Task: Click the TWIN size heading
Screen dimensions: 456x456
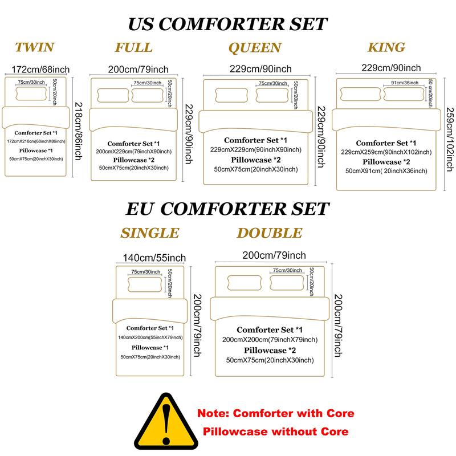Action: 35,47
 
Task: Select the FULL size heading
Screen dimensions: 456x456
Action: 134,47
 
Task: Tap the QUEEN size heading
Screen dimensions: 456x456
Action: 255,48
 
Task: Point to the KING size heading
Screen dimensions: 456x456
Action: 386,47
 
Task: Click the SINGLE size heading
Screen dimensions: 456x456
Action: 150,233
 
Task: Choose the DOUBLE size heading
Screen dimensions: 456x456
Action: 270,233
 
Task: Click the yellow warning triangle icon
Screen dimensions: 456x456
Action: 166,421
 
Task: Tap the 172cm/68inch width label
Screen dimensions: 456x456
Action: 40,70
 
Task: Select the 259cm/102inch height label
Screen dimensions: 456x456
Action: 450,139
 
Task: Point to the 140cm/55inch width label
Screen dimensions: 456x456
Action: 154,258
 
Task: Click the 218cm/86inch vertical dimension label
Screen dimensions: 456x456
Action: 79,131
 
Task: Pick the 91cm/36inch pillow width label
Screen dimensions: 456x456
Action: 405,83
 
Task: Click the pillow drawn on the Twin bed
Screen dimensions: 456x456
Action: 31,93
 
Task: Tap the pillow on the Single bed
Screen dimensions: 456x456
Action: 145,284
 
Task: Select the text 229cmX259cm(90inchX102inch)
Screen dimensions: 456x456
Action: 386,152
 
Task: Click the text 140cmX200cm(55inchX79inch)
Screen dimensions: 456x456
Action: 150,337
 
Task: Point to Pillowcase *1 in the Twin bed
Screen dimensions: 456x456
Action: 36,150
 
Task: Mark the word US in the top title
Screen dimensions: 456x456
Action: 141,24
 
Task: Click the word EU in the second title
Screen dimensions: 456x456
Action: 139,209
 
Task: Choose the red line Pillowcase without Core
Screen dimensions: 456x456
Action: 275,431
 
